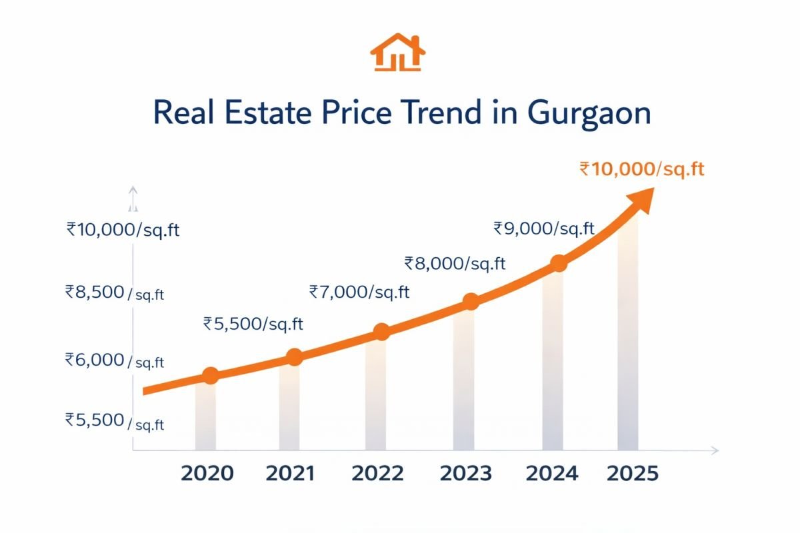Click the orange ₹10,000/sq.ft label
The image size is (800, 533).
click(x=642, y=169)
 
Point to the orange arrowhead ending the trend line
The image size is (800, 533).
click(x=641, y=194)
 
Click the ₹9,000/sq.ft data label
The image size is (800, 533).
click(x=543, y=229)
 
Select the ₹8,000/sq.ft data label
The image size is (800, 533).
click(x=455, y=263)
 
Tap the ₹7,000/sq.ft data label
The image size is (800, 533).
click(x=359, y=291)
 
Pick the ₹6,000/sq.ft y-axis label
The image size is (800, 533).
click(x=114, y=360)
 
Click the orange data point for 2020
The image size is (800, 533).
click(x=210, y=375)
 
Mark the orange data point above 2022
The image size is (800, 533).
click(x=381, y=332)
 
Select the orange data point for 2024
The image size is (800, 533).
click(x=559, y=263)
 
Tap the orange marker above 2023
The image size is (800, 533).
click(x=470, y=301)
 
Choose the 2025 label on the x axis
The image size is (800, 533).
click(x=633, y=474)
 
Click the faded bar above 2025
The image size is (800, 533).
click(x=627, y=333)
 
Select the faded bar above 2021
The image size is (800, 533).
click(x=289, y=406)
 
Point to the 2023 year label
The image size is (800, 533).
click(x=467, y=474)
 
